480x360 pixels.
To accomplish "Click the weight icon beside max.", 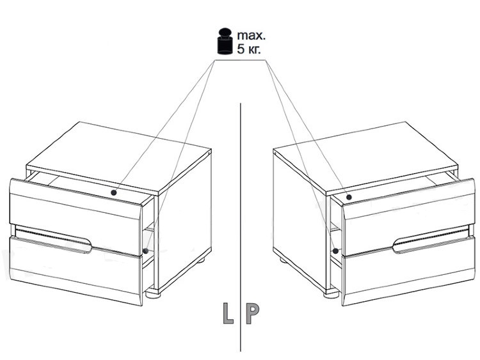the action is click(x=225, y=41).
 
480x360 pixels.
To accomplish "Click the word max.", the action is click(x=252, y=35).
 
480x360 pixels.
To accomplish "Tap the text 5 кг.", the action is click(x=249, y=49).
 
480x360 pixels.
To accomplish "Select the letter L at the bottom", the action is click(x=228, y=313).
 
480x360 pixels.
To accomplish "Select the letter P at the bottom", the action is click(x=253, y=313).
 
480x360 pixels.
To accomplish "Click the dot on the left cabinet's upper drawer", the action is click(x=114, y=192).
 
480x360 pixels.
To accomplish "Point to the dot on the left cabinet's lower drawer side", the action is click(x=146, y=251).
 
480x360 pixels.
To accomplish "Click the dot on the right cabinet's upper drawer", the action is click(x=349, y=197).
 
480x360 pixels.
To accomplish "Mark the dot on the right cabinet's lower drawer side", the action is click(x=335, y=251).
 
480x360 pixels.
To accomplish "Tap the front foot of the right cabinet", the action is click(x=331, y=294).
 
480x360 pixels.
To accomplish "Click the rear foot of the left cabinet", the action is click(x=201, y=260).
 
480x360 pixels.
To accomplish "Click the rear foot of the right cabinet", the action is click(x=283, y=261).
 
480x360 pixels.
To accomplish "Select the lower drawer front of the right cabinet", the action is click(x=408, y=271).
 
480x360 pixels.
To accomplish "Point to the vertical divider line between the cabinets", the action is click(x=241, y=227).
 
